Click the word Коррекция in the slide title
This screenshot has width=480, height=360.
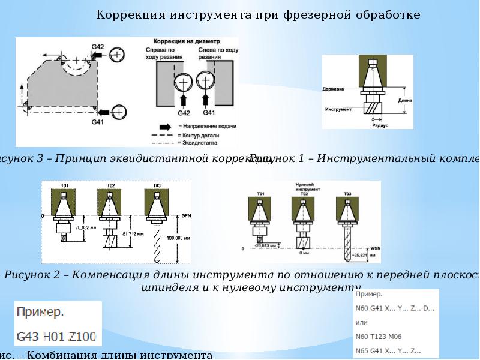[x=125, y=14]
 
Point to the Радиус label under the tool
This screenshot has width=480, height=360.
[x=380, y=125]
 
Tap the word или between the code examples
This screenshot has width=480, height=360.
[x=362, y=322]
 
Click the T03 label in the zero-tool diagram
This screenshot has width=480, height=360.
[x=347, y=193]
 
